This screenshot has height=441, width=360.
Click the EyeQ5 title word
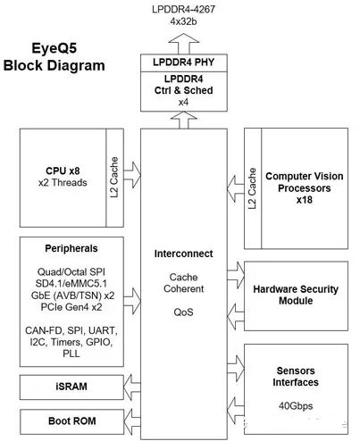click(54, 48)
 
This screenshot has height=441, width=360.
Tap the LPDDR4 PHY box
click(184, 62)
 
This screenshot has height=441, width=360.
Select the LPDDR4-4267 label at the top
click(183, 9)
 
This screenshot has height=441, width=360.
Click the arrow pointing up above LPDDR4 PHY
click(184, 44)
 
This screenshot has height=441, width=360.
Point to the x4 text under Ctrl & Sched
click(183, 103)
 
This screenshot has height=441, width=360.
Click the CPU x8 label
click(63, 171)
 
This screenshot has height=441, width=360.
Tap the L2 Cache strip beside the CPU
click(114, 178)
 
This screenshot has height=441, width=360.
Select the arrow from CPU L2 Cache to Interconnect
click(132, 175)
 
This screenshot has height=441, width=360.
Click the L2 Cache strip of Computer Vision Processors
click(253, 188)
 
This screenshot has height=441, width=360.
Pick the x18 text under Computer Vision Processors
click(305, 200)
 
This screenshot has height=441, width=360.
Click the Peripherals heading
click(71, 248)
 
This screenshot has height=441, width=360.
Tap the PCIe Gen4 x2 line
click(71, 307)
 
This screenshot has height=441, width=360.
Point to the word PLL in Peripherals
click(71, 354)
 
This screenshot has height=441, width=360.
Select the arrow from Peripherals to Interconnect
click(132, 301)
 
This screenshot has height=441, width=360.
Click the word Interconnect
click(183, 254)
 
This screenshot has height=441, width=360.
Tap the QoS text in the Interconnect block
click(183, 312)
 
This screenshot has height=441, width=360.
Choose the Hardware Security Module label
click(296, 295)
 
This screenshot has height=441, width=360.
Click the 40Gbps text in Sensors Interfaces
click(296, 406)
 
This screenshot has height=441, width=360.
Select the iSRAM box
click(71, 387)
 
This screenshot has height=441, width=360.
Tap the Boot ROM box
click(71, 421)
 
